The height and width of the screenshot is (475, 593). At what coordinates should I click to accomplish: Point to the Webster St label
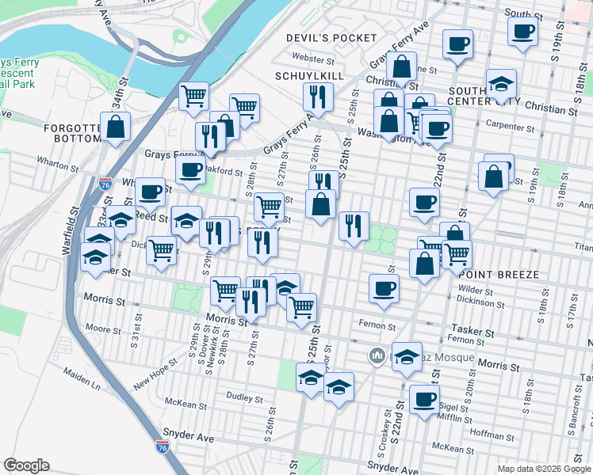point(314,58)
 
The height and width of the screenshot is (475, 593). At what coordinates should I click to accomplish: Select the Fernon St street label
point(377,325)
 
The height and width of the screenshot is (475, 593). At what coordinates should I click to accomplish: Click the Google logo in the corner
point(26,465)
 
